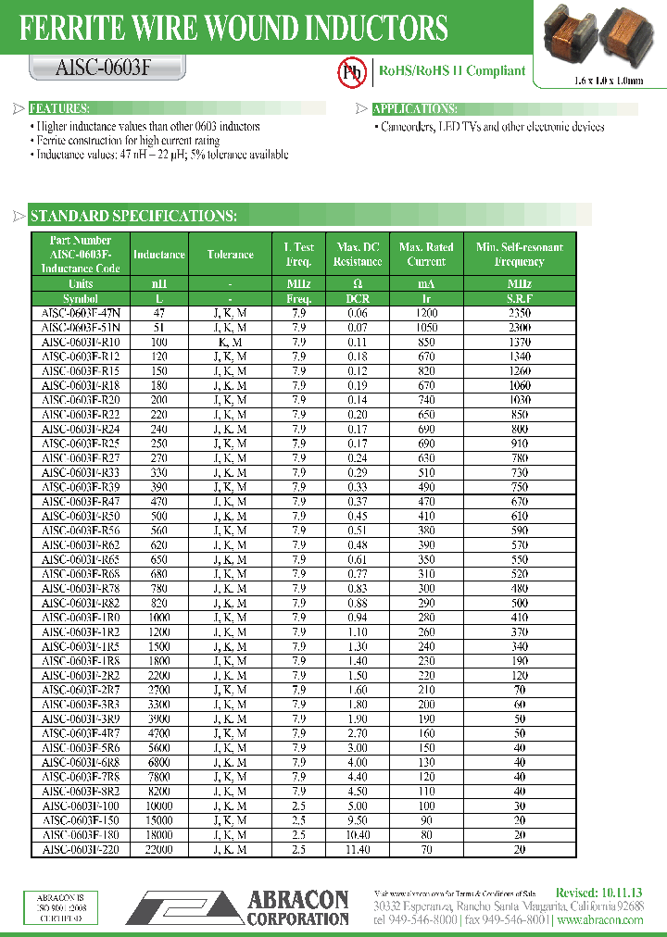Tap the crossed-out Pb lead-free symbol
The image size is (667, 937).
click(x=350, y=72)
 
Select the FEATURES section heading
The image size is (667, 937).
click(x=59, y=108)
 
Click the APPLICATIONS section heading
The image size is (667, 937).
click(x=413, y=108)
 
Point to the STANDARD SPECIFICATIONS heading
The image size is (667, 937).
click(x=133, y=217)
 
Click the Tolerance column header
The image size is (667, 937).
click(x=230, y=255)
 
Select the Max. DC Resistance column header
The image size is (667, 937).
click(x=358, y=255)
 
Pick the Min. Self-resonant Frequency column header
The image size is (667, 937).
click(x=519, y=255)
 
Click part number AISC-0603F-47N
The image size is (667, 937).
click(x=81, y=313)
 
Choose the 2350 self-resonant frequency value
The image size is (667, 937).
click(x=519, y=313)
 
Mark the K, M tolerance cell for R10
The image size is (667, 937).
click(x=230, y=343)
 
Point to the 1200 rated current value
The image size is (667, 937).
click(x=426, y=313)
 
